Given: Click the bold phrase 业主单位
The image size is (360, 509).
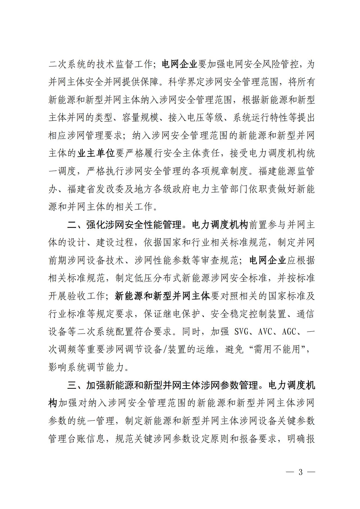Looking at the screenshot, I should [96, 153].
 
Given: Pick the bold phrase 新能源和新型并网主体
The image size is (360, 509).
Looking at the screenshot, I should [162, 296].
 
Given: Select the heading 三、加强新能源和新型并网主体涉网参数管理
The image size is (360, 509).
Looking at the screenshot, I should [162, 385].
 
